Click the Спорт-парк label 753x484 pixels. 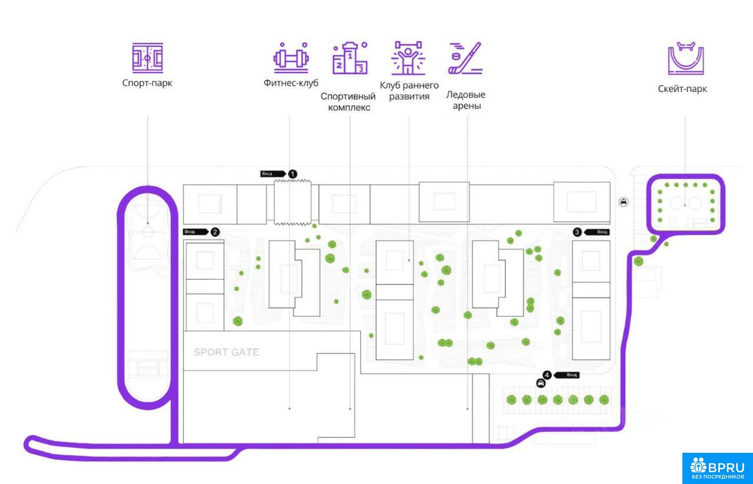147,83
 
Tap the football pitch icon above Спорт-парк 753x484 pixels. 147,57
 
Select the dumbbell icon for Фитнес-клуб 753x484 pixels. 291,57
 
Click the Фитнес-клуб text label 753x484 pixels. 291,83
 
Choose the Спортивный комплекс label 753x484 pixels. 348,101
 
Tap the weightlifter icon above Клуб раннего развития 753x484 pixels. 409,58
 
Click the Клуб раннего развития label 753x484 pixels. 409,91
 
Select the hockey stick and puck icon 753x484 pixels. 465,58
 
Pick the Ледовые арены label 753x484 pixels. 466,100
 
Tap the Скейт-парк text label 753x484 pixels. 682,89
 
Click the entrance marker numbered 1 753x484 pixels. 292,174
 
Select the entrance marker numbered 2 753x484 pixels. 215,232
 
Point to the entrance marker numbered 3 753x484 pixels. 577,232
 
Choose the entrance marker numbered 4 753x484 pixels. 548,374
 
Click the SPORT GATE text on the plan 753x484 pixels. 226,353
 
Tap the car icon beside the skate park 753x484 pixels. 624,203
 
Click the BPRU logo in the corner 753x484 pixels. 717,468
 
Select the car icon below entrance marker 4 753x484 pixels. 541,383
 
